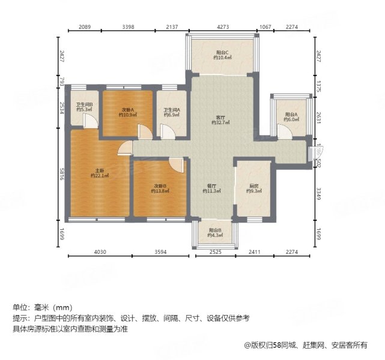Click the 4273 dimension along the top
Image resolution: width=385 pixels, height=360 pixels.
pos(223,26)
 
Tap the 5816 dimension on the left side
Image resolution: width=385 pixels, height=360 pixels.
pos(61,175)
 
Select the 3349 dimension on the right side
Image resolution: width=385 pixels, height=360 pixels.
pos(319,193)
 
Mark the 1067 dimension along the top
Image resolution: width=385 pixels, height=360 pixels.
pos(265,26)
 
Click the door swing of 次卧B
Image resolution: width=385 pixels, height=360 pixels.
pos(175,164)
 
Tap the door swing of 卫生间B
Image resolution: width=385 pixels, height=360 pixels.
pos(89,121)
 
